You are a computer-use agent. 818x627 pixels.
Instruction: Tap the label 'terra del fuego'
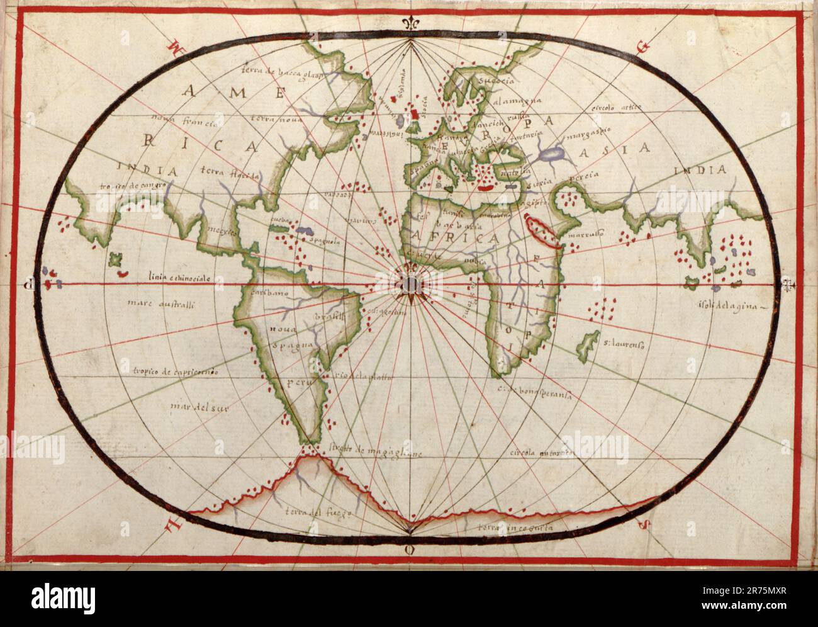click(313, 512)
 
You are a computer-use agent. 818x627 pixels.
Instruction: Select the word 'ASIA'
click(623, 149)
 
